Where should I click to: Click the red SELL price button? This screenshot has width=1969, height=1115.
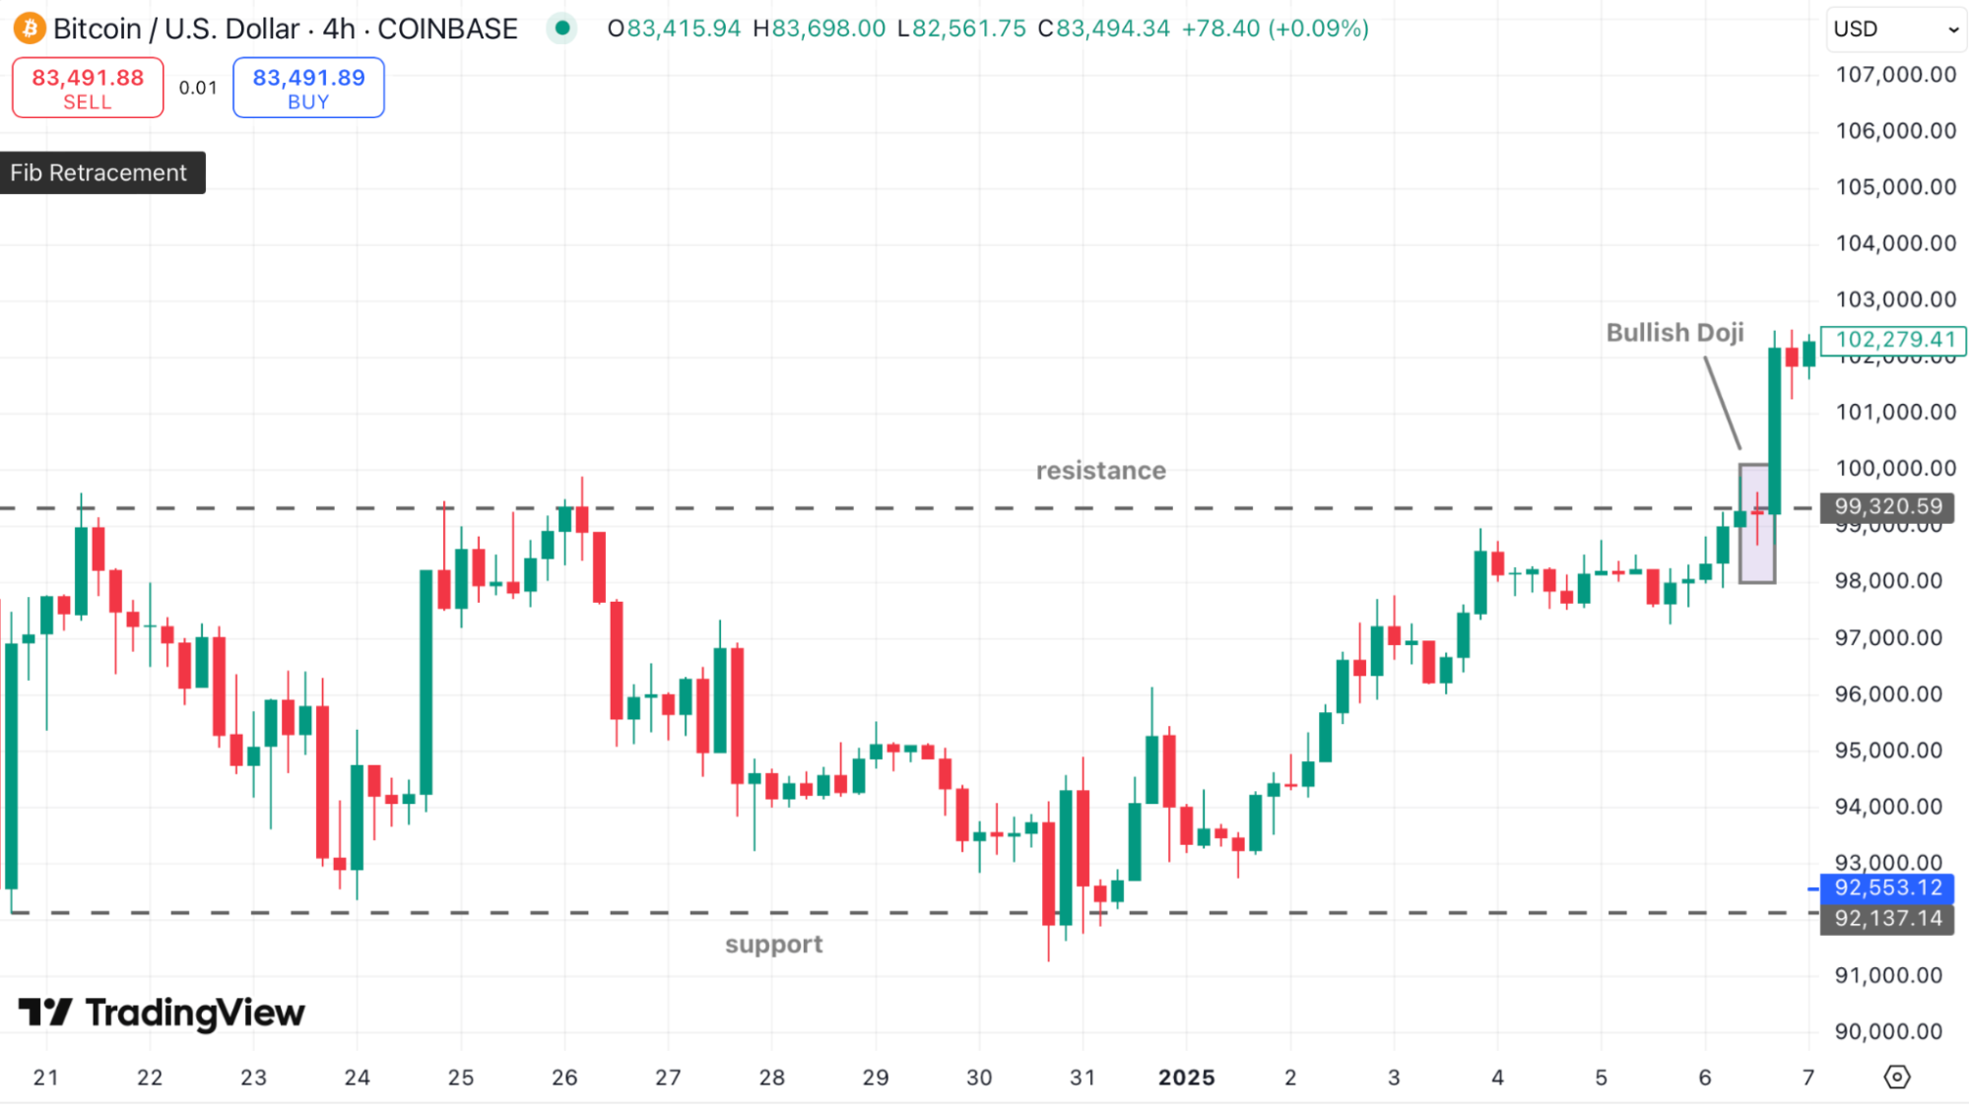coord(88,88)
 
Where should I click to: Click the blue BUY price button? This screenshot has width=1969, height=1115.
coord(308,88)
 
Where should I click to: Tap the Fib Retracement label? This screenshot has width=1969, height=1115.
coord(98,172)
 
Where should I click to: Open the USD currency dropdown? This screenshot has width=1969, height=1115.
coord(1894,29)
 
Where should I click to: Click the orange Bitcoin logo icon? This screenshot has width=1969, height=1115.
coord(30,29)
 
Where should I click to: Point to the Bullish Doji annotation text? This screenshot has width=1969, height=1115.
coord(1674,333)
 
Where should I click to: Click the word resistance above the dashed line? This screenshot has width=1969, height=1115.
coord(1100,471)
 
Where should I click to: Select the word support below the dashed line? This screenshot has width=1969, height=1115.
coord(773,945)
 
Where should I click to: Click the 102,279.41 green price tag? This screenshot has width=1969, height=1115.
coord(1894,340)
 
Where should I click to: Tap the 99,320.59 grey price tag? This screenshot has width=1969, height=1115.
coord(1887,506)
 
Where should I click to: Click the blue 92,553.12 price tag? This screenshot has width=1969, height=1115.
coord(1887,887)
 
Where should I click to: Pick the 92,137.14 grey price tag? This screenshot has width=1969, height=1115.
coord(1887,918)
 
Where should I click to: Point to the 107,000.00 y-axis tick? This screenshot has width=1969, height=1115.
coord(1895,75)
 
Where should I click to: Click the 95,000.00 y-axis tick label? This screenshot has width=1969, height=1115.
coord(1887,751)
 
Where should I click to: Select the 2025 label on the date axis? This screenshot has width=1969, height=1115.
coord(1186,1078)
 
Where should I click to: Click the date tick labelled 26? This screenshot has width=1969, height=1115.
coord(564,1078)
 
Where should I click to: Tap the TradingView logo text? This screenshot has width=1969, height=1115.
coord(163,1013)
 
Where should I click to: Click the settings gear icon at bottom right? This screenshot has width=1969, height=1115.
coord(1896,1077)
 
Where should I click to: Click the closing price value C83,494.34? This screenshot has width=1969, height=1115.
coord(1104,29)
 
